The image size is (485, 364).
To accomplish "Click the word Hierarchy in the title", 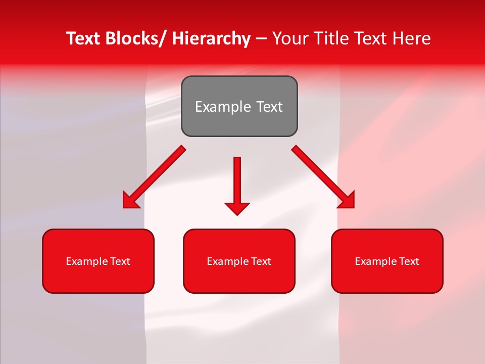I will click(x=211, y=38).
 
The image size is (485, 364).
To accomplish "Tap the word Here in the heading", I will click(x=412, y=38).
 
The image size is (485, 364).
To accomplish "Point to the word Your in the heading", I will click(x=290, y=38).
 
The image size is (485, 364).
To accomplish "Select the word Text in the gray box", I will click(x=269, y=107).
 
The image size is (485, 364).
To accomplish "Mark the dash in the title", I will click(x=261, y=39).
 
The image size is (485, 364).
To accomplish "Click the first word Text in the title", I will click(x=84, y=38).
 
